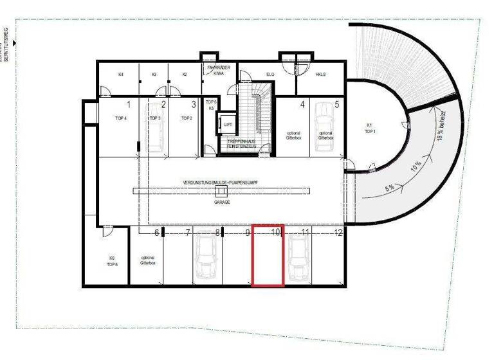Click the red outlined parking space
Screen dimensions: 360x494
pyautogui.click(x=268, y=256)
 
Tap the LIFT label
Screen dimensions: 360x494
pyautogui.click(x=228, y=124)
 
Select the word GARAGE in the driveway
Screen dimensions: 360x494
pyautogui.click(x=222, y=201)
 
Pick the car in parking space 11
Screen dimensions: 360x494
pyautogui.click(x=298, y=257)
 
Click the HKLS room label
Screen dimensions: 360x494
pyautogui.click(x=320, y=75)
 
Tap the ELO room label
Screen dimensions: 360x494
pyautogui.click(x=271, y=75)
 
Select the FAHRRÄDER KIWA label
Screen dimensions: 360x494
pyautogui.click(x=214, y=71)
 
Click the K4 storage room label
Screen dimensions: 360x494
pyautogui.click(x=121, y=75)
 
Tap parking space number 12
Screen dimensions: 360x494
pyautogui.click(x=338, y=232)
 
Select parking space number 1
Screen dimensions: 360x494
pyautogui.click(x=128, y=104)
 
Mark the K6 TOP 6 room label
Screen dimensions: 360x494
pyautogui.click(x=111, y=261)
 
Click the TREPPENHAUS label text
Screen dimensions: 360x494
pyautogui.click(x=242, y=143)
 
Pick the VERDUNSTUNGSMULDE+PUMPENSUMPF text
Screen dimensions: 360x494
pyautogui.click(x=221, y=183)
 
